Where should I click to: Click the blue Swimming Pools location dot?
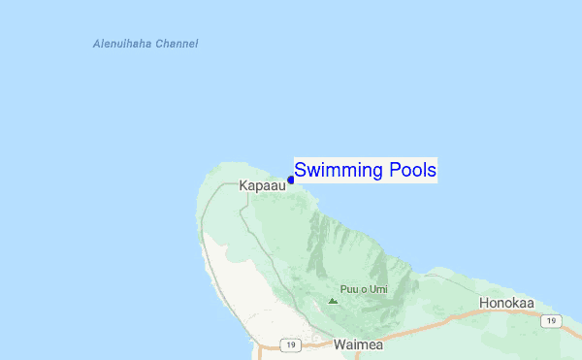point(290,180)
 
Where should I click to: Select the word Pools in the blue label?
point(411,170)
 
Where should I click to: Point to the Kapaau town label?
point(262,184)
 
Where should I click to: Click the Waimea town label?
point(358,344)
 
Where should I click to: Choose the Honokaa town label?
point(512,303)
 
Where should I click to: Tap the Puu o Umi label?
point(362,289)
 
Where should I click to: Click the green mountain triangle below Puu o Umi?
point(333,301)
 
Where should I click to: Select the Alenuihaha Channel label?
point(145,44)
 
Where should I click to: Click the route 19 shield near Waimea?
point(290,344)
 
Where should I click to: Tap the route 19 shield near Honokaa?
point(551,320)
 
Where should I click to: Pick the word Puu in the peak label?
point(347,289)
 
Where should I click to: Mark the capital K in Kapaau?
point(243,184)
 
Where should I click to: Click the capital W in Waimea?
point(339,344)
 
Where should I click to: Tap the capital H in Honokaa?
point(485,303)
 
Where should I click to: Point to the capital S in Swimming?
point(301,170)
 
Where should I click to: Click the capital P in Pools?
point(393,170)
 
